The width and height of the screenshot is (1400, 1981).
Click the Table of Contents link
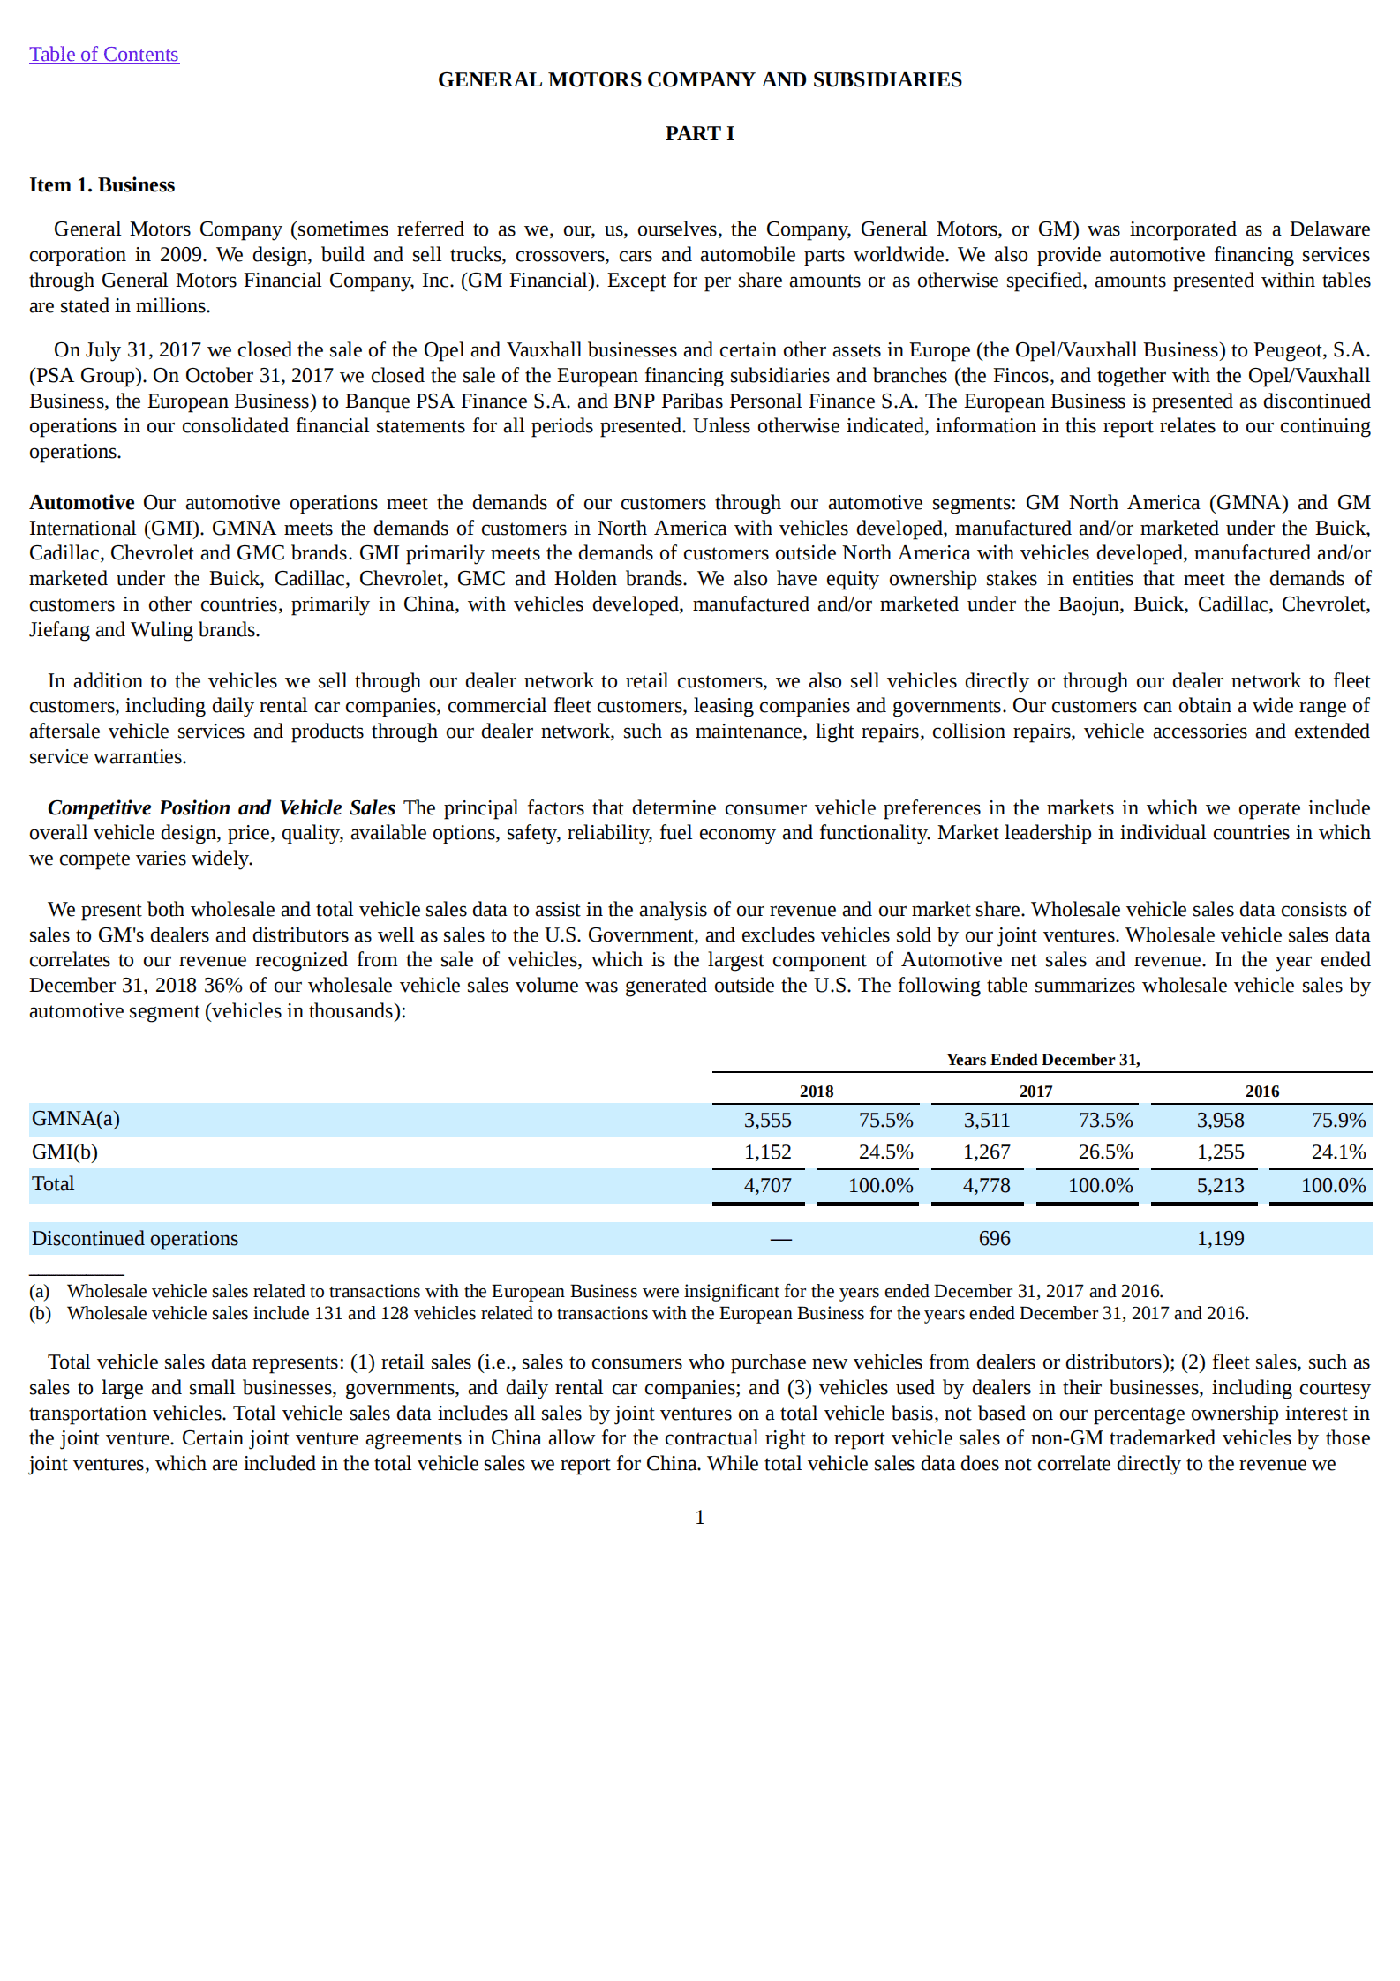103,55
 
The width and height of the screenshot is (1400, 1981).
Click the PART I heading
699,133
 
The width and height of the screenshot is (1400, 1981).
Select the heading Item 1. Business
102,185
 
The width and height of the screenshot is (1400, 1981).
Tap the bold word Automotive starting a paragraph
81,502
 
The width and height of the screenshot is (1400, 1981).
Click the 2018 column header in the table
816,1091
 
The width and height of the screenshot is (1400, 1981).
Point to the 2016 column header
1261,1091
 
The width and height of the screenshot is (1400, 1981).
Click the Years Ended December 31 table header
1042,1060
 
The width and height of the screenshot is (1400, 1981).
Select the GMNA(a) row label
76,1118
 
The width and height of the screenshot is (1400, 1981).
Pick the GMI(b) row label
64,1152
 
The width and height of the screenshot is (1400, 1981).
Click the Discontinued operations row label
135,1238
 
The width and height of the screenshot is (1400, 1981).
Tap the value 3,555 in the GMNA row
767,1120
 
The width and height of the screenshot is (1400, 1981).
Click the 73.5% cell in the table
1105,1120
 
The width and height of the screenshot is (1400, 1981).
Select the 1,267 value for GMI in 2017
986,1152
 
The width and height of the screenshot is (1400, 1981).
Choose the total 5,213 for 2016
1220,1185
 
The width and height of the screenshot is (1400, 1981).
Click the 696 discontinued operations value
994,1238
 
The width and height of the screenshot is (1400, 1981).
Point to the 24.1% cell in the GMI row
1338,1152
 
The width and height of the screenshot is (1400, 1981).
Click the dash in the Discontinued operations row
780,1239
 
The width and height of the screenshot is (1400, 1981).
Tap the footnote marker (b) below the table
41,1313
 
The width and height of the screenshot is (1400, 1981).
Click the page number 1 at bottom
699,1517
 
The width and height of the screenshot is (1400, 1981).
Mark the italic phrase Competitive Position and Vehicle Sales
221,807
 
